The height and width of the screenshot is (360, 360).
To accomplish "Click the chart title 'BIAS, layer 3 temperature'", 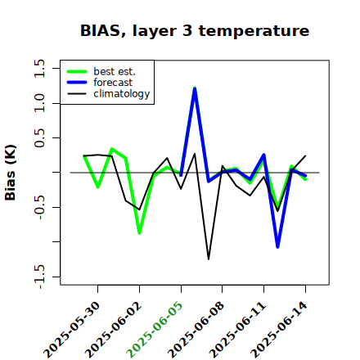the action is (195, 31).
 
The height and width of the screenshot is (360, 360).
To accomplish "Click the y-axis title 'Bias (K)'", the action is (11, 173).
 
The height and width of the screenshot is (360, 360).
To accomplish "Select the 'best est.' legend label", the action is (115, 71).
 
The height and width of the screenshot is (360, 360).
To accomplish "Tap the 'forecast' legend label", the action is (113, 83).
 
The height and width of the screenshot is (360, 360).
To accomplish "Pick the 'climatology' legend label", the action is (122, 94).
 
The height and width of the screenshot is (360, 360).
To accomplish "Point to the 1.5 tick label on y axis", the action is (39, 68).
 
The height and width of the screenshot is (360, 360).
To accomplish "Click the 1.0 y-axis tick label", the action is (39, 103).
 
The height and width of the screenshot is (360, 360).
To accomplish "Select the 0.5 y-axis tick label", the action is (39, 137).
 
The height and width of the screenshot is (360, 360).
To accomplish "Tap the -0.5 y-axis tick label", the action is (39, 207).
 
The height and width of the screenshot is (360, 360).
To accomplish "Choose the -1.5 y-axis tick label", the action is (39, 277).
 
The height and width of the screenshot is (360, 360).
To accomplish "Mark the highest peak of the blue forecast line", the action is (195, 88).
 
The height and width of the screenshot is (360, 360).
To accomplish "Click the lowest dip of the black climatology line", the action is (209, 259).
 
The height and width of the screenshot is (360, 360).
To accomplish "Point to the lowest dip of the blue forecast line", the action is (277, 247).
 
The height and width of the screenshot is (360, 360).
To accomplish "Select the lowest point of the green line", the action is (139, 233).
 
